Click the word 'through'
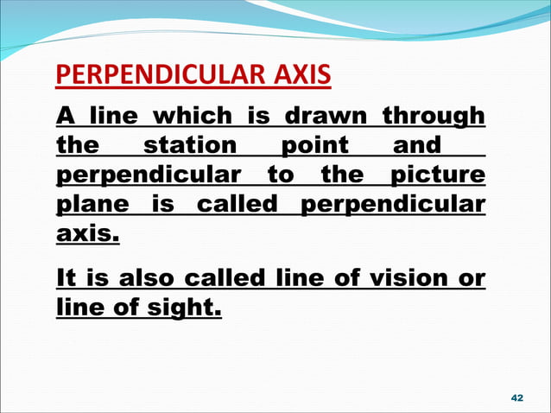[x=434, y=115]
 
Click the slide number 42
[x=517, y=397]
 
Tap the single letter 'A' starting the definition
[x=64, y=115]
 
